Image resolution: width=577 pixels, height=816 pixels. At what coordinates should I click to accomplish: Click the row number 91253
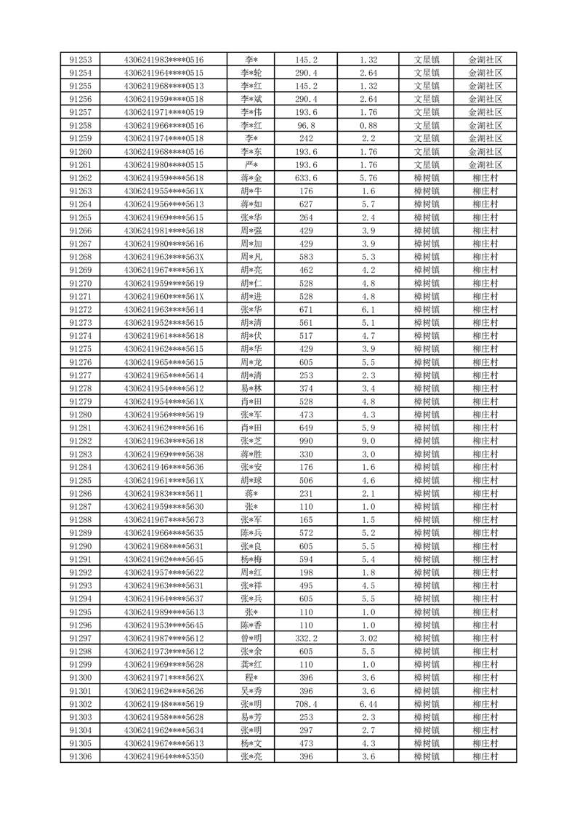coord(80,60)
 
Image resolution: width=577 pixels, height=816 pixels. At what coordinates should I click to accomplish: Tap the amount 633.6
coord(305,178)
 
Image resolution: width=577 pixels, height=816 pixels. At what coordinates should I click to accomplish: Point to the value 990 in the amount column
coord(305,441)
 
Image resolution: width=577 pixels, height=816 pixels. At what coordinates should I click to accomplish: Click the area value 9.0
coord(368,441)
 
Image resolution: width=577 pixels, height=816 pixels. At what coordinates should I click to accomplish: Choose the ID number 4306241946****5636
coord(164,468)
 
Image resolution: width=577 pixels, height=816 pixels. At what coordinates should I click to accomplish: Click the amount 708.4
coord(305,705)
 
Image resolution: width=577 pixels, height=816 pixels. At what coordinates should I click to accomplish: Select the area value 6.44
coord(368,705)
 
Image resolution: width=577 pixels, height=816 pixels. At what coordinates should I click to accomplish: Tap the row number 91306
coord(80,757)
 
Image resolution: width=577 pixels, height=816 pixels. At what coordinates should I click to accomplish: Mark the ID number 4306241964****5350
coord(164,757)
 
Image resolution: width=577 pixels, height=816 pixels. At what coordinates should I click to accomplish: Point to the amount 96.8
coord(305,126)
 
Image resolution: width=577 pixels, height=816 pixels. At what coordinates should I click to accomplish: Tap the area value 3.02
coord(368,639)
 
